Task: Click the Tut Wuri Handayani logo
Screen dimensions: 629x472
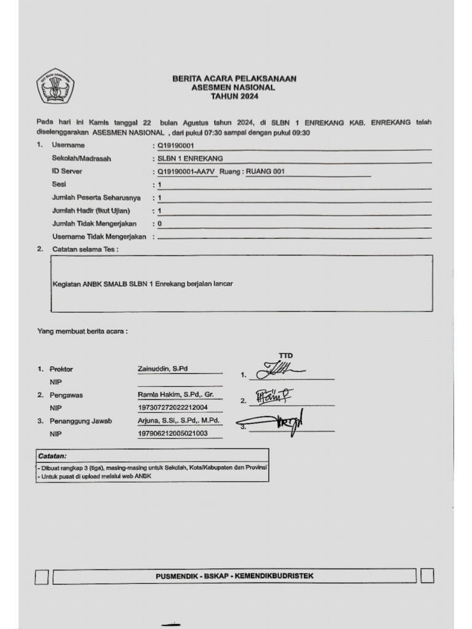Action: tap(55, 87)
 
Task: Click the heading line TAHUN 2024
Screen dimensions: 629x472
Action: tap(234, 97)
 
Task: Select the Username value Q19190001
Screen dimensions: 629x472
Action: tap(176, 146)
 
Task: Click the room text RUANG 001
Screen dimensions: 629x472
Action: tap(265, 171)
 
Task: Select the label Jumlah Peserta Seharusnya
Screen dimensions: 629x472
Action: tap(96, 198)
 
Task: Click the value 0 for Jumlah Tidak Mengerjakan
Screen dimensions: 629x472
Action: tap(160, 224)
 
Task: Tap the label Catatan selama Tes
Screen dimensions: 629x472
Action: tap(85, 249)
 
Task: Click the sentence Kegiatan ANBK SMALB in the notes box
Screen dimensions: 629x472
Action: tap(143, 284)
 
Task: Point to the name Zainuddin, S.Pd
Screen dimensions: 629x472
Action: tap(162, 369)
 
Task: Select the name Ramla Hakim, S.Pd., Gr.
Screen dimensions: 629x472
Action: tap(175, 394)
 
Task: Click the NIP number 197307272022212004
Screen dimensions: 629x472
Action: tap(173, 407)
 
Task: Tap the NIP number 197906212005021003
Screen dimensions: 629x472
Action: tap(173, 434)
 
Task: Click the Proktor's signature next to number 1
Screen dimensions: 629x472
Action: tap(280, 370)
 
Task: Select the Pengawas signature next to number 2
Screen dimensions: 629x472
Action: tap(273, 397)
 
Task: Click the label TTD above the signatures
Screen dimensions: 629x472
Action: tap(286, 356)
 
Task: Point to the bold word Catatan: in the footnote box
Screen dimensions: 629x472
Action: tap(52, 456)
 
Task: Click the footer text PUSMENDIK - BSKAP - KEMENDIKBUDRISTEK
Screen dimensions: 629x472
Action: tap(235, 576)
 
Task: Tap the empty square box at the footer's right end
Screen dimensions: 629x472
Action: tap(428, 576)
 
